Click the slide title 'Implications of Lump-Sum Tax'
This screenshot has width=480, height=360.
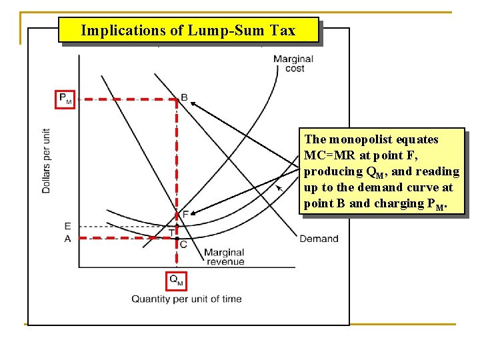coord(189,30)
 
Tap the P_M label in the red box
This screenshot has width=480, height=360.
coord(65,99)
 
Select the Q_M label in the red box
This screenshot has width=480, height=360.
coord(176,280)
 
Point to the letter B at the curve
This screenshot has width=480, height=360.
coord(185,98)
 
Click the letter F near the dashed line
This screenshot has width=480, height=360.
coord(185,213)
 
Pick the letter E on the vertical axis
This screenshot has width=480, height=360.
coord(67,226)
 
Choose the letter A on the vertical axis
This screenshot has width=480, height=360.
coord(67,238)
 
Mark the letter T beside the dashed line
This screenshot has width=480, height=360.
coord(171,231)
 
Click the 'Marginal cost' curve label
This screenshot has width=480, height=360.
coord(293,64)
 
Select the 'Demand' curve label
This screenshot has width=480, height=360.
coord(319,239)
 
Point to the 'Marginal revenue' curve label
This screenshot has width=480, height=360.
coord(224,257)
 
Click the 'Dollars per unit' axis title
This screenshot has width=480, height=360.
coord(46,161)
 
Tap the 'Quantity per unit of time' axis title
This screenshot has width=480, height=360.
coord(186,299)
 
